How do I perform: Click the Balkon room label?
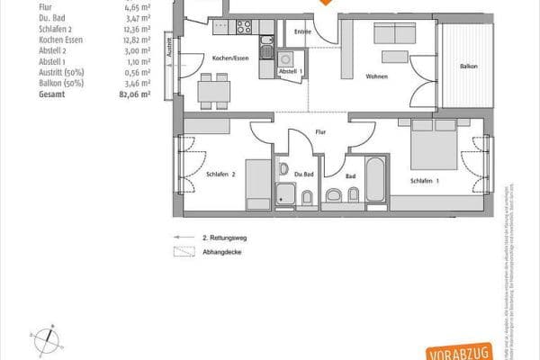click(468, 67)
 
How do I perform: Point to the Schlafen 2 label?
click(220, 174)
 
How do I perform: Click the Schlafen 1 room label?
click(425, 181)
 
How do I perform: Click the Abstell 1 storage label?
click(291, 70)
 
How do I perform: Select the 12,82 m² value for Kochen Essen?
click(136, 40)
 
